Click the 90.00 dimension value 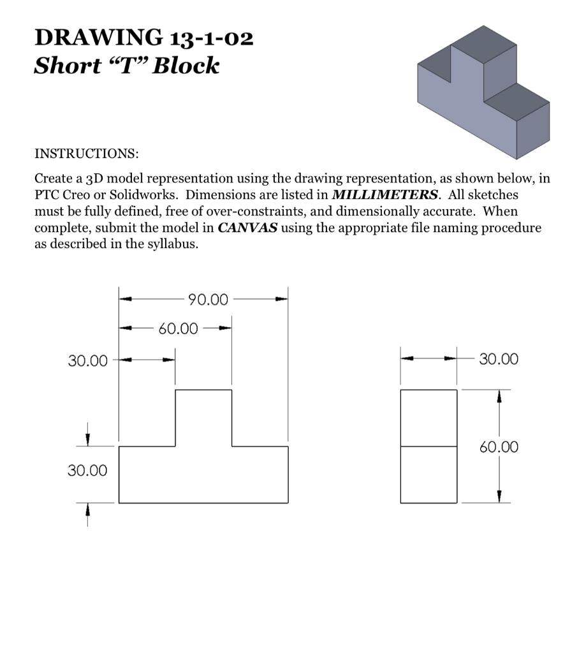tap(207, 300)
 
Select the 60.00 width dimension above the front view tap(179, 329)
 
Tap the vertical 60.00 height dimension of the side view tap(499, 447)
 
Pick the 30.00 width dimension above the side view tap(499, 360)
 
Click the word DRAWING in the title tap(98, 38)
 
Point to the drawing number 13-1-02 tap(212, 38)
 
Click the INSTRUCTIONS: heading tap(86, 154)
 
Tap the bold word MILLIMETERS tap(385, 194)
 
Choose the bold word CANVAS tap(247, 228)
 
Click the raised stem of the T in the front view tap(203, 417)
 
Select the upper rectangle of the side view tap(429, 418)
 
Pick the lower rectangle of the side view tap(429, 474)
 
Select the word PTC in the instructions tap(47, 194)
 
